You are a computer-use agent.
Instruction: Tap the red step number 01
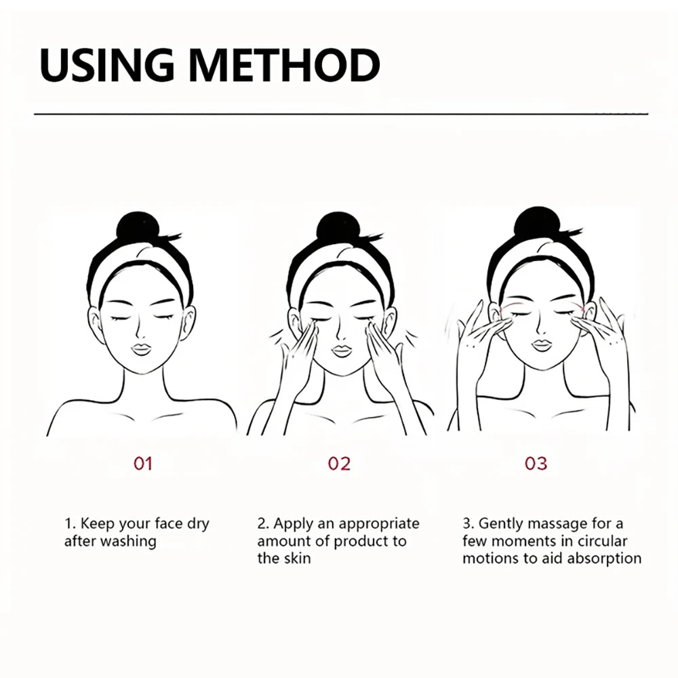pyautogui.click(x=142, y=464)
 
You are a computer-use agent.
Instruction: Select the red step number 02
pyautogui.click(x=340, y=464)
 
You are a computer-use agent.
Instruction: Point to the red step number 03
pyautogui.click(x=536, y=464)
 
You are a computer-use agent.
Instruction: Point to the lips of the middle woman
pyautogui.click(x=341, y=351)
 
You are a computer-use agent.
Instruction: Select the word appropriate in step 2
pyautogui.click(x=379, y=525)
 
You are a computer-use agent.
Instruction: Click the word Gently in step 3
pyautogui.click(x=501, y=525)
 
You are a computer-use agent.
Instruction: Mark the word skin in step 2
pyautogui.click(x=298, y=558)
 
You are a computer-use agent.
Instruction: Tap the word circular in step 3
pyautogui.click(x=602, y=541)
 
